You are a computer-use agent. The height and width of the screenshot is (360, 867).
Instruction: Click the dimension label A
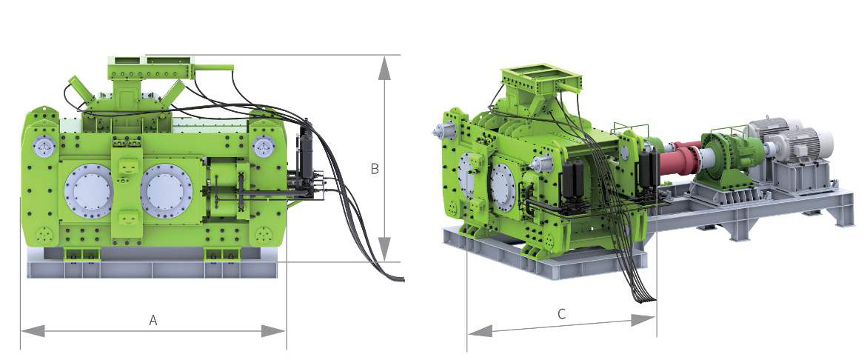click(x=154, y=320)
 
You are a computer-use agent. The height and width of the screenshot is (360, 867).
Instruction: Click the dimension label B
click(x=375, y=169)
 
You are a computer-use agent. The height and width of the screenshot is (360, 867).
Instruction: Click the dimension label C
click(x=561, y=315)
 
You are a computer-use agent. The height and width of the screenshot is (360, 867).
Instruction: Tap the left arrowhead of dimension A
click(x=33, y=331)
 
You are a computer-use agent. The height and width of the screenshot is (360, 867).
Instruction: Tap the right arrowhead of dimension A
click(x=273, y=331)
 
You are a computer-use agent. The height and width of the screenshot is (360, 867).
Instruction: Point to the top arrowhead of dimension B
click(x=385, y=67)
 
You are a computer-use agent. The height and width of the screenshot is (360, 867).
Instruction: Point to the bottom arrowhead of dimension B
click(x=385, y=249)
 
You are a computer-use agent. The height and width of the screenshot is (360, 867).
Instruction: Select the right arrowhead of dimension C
click(x=643, y=320)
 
